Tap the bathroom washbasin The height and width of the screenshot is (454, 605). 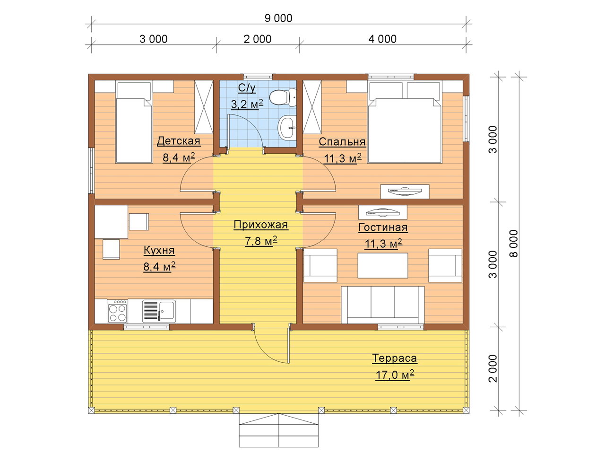287,128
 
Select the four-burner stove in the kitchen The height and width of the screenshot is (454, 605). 118,312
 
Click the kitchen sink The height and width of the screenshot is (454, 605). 159,311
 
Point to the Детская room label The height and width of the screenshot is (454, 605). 179,141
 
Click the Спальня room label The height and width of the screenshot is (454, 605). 342,142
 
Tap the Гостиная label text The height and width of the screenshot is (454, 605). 383,227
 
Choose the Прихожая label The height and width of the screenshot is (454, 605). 261,225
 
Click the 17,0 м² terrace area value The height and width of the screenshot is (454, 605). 395,375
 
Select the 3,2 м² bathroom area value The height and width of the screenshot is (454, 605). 247,105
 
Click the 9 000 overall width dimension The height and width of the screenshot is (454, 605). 278,18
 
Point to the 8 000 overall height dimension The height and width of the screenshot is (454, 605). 514,244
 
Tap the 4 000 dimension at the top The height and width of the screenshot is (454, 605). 382,39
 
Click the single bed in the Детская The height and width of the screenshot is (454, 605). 134,122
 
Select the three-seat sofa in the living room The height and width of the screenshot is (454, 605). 382,305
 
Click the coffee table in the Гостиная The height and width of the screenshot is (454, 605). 382,265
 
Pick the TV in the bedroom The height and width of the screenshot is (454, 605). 405,192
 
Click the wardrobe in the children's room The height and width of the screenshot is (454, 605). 204,107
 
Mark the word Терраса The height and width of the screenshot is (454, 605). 394,358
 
